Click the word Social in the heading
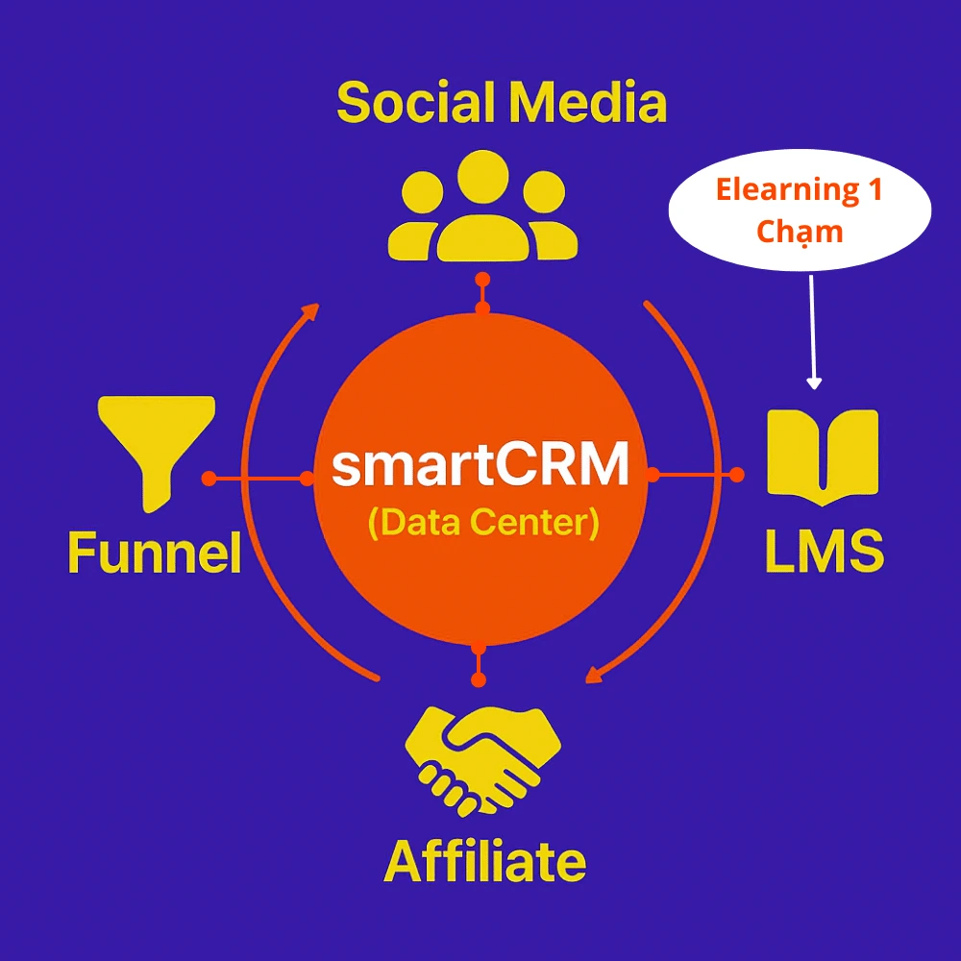click(415, 103)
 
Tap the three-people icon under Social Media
click(482, 207)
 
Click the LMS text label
click(824, 552)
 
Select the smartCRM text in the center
click(480, 467)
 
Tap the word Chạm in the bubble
click(800, 232)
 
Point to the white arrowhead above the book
click(814, 382)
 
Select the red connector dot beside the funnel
click(208, 478)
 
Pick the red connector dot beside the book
click(737, 474)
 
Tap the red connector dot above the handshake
click(479, 680)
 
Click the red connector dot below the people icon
click(482, 280)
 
